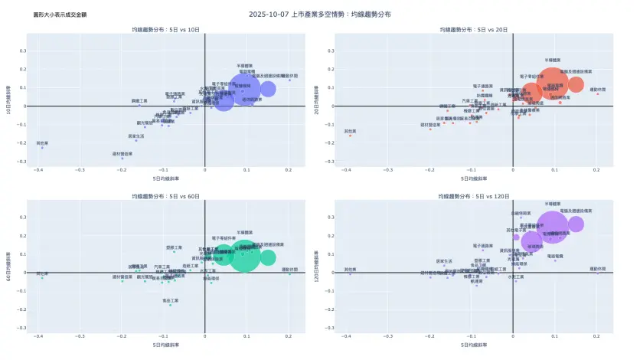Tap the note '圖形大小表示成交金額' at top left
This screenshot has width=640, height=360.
point(54,15)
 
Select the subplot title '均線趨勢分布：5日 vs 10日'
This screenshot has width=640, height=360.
point(165,29)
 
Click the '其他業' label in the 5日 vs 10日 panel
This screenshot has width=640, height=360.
point(41,142)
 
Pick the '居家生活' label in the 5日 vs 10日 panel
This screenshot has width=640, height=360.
point(136,136)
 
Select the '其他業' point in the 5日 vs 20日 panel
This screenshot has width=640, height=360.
point(350,136)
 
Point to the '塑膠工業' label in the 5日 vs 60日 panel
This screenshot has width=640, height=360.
point(175,247)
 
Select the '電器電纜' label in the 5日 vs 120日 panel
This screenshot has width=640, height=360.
point(555,257)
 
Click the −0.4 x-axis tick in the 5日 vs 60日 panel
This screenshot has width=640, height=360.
point(39,337)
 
